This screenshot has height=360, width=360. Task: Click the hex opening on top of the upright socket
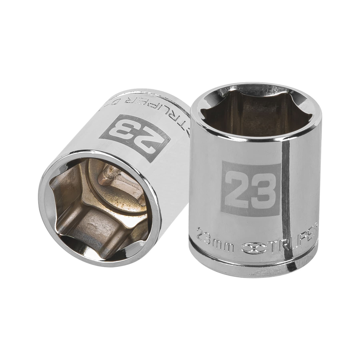[x=252, y=112]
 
